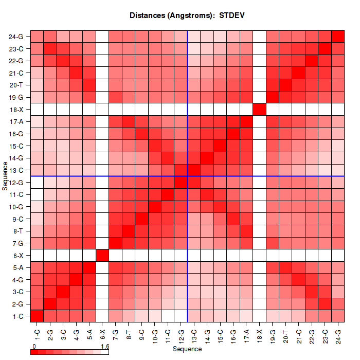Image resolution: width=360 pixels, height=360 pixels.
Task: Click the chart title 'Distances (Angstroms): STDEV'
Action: point(187,15)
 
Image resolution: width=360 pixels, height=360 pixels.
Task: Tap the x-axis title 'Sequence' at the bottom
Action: point(187,349)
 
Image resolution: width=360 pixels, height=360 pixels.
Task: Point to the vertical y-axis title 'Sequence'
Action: point(5,176)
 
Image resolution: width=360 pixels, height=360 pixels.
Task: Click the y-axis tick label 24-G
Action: point(16,37)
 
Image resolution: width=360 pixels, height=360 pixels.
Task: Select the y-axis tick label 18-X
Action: point(16,110)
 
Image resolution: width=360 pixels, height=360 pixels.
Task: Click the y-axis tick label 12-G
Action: point(16,182)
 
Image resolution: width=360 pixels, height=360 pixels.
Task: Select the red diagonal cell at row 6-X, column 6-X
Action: point(102,255)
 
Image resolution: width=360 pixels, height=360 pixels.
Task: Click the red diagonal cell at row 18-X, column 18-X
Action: point(259,110)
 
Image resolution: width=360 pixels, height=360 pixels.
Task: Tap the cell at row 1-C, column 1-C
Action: point(37,316)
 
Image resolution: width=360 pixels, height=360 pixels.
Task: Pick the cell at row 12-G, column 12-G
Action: point(181,182)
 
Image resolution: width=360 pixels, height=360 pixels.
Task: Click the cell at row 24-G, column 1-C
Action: point(37,37)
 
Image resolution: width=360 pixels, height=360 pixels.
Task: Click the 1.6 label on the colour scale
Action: point(105,347)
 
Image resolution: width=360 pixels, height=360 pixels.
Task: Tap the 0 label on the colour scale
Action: point(33,347)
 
